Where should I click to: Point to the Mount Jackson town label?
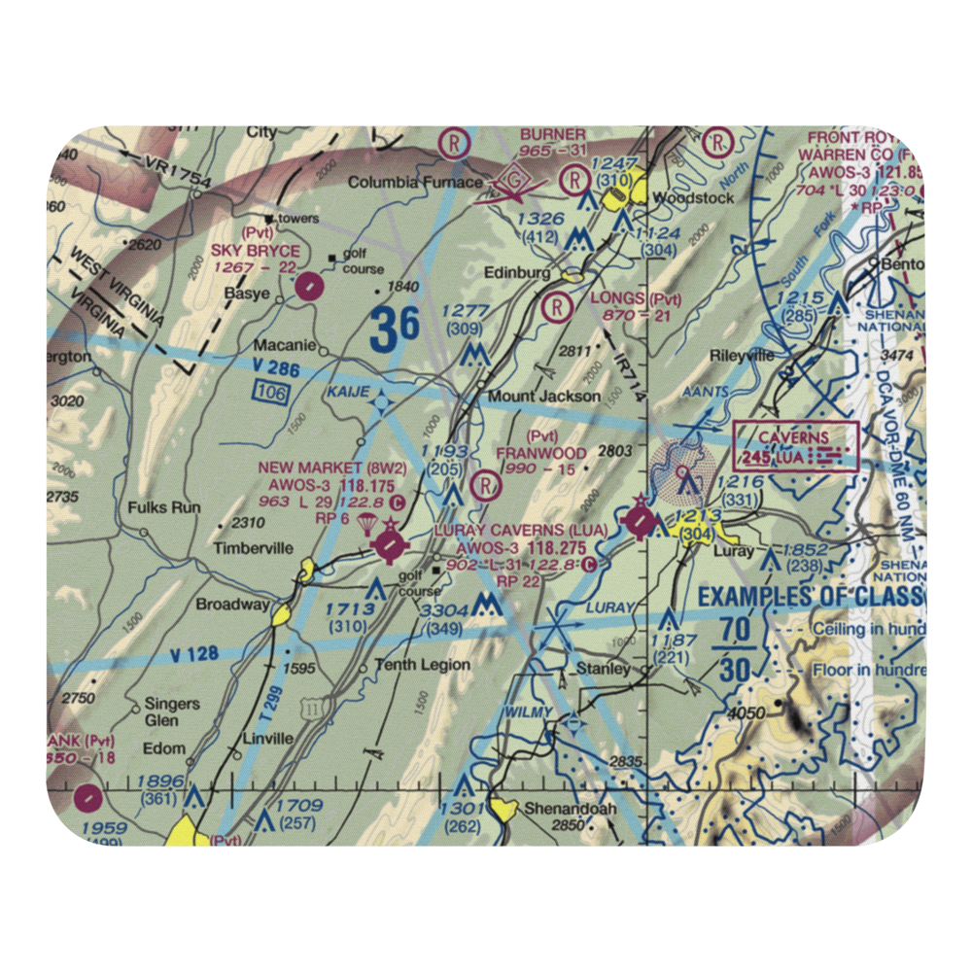543,397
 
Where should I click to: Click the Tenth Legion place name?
424,665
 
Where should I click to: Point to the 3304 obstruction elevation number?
442,610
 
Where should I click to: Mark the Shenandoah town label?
560,808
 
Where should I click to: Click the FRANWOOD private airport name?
541,453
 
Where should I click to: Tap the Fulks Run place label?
164,507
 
